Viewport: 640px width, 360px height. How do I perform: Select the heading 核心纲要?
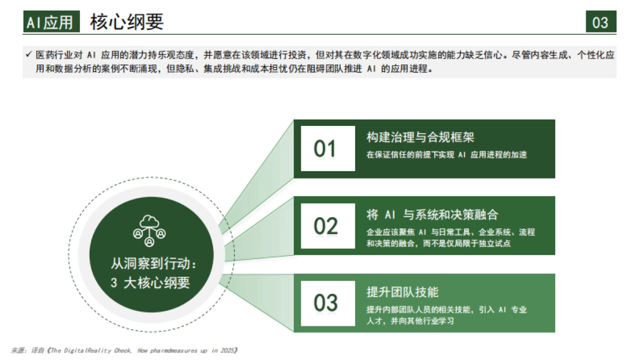(x=127, y=22)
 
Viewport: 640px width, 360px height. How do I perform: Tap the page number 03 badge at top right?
(x=601, y=22)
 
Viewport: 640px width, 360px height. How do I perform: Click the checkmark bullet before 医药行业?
(x=28, y=54)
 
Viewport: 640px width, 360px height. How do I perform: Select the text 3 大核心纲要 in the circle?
(x=150, y=283)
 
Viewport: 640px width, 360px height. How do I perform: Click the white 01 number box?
(x=327, y=149)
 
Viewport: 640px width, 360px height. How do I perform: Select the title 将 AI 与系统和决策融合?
(x=432, y=215)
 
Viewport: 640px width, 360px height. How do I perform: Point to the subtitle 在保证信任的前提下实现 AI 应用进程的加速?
(x=446, y=155)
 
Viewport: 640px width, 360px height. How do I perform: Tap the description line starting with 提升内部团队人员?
(x=446, y=310)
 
